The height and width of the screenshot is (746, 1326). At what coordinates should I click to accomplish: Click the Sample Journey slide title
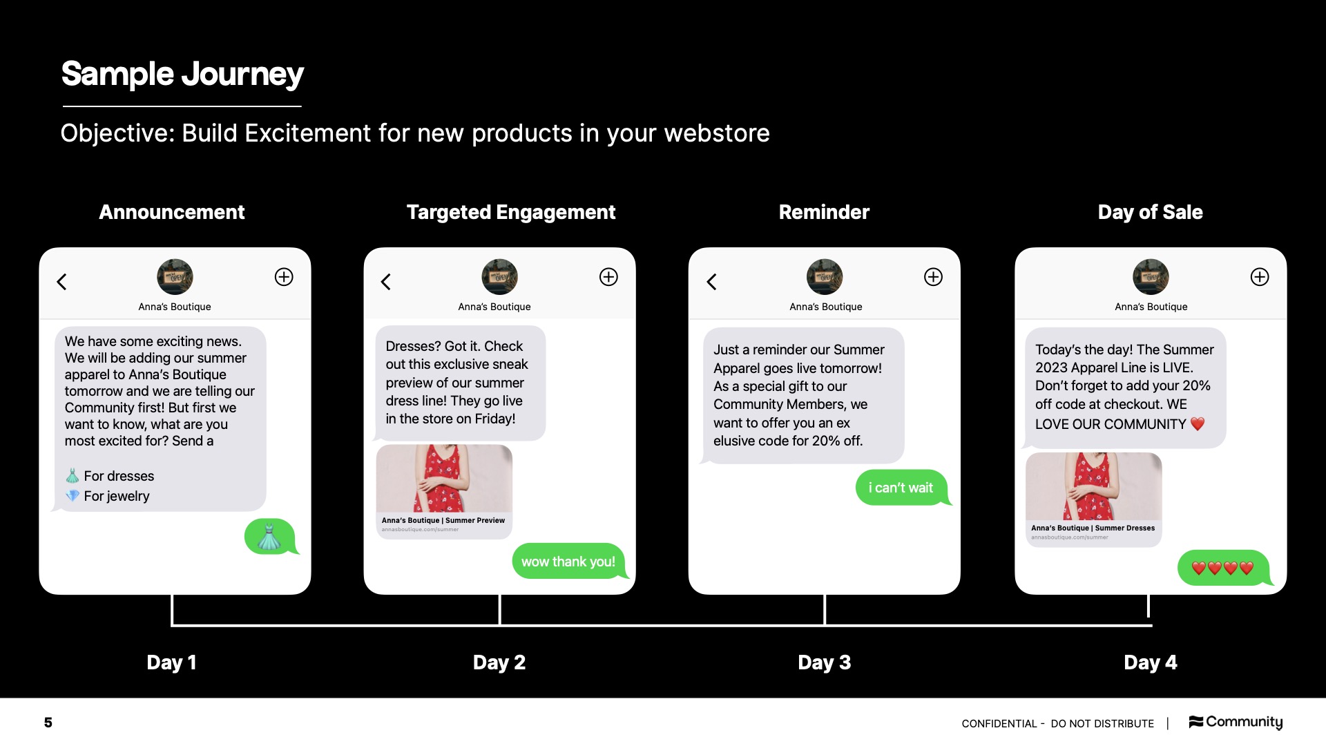[x=182, y=74]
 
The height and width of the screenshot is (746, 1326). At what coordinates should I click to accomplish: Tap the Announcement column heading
[x=172, y=212]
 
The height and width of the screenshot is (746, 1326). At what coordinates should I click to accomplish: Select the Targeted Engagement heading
[x=510, y=212]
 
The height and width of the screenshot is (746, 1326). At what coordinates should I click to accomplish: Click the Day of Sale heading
[x=1150, y=212]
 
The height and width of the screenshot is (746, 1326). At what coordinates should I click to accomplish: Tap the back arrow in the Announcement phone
[x=61, y=282]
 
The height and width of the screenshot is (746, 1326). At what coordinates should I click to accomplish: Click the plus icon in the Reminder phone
[x=933, y=277]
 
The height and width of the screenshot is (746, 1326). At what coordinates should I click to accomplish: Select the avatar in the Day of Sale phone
[x=1151, y=277]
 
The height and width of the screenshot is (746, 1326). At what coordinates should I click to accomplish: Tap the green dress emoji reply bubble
[x=270, y=537]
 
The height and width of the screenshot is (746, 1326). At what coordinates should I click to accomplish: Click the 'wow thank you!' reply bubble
[x=568, y=562]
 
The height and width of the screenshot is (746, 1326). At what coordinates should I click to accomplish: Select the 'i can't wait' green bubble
[x=901, y=488]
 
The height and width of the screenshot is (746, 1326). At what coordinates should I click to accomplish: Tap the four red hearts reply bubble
[x=1222, y=568]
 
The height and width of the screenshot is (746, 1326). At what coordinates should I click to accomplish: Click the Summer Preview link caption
[x=443, y=521]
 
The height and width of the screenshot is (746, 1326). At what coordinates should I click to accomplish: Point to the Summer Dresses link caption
[x=1093, y=528]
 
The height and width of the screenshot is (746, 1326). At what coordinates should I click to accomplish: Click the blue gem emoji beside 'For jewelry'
[x=73, y=496]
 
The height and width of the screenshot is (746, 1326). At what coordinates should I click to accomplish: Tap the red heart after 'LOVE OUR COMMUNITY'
[x=1198, y=424]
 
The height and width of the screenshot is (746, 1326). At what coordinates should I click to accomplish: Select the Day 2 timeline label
[x=499, y=662]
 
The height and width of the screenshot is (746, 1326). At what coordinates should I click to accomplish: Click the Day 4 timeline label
[x=1150, y=662]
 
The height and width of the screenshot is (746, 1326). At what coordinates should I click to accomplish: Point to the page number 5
[x=48, y=723]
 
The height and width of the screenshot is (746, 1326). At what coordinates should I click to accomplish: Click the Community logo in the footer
[x=1236, y=722]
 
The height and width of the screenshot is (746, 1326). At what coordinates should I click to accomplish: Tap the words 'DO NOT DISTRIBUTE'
[x=1102, y=724]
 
